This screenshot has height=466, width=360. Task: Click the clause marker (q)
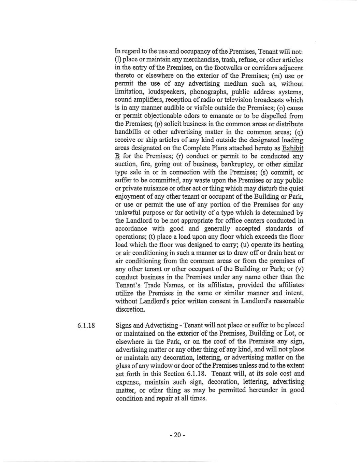pyautogui.click(x=300, y=132)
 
